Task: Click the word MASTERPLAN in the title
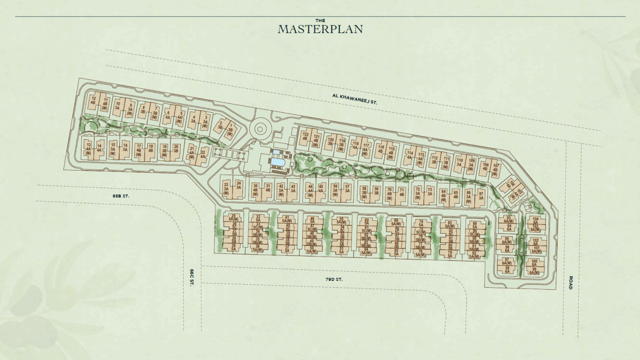click(x=320, y=29)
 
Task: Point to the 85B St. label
click(x=121, y=196)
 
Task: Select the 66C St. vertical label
click(x=192, y=277)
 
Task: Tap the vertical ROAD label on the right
click(x=571, y=282)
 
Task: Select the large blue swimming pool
click(x=277, y=162)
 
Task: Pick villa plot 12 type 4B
click(x=93, y=101)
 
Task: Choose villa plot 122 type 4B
click(x=305, y=137)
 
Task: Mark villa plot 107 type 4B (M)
click(x=496, y=169)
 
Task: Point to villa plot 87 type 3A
click(x=481, y=195)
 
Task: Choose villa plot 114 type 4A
click(x=409, y=155)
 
